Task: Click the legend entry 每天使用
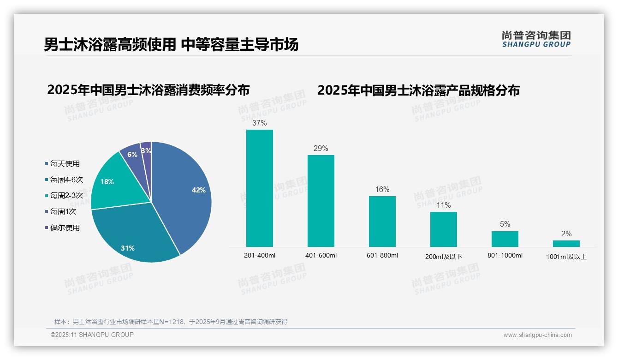point(65,163)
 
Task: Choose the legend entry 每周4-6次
point(66,180)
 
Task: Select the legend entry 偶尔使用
point(65,228)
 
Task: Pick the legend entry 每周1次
point(63,211)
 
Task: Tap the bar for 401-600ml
point(321,201)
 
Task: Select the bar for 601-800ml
point(382,222)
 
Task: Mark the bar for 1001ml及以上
point(566,243)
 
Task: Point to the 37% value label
point(260,123)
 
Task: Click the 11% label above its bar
point(444,205)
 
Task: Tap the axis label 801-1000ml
point(505,255)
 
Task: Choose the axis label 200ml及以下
point(444,257)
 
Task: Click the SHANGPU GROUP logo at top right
point(536,39)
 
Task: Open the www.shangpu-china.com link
point(538,335)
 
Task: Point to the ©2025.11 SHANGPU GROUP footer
point(92,335)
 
